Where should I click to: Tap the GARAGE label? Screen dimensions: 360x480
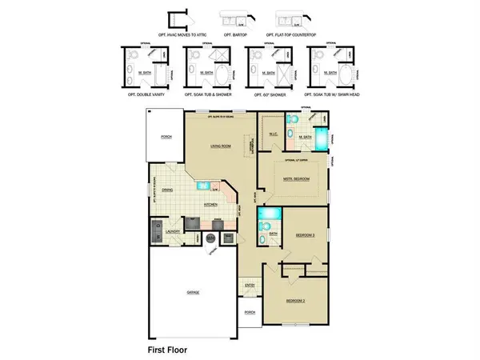click(192, 293)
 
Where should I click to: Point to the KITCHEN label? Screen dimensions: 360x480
click(212, 204)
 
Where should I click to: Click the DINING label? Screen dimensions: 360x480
click(167, 190)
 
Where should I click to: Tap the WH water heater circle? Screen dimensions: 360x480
click(210, 238)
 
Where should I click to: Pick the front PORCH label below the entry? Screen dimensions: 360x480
click(249, 312)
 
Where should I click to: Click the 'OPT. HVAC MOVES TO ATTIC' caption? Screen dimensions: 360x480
click(182, 35)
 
